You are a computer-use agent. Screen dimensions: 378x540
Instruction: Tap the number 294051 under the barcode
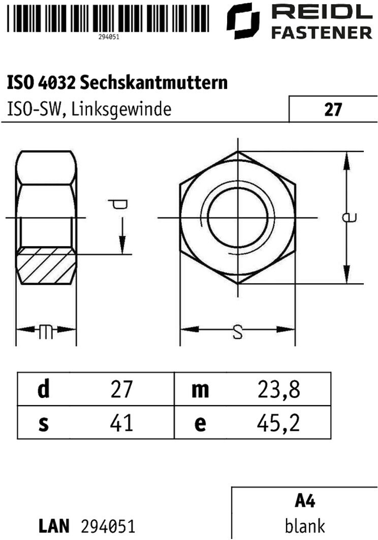[108, 37]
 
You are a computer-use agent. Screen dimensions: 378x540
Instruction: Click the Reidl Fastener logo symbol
[243, 21]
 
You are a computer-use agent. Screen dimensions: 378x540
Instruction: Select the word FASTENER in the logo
[322, 33]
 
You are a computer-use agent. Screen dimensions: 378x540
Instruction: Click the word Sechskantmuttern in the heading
[154, 83]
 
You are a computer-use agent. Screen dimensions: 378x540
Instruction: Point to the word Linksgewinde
[121, 110]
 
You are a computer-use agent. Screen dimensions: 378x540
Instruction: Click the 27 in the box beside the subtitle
[333, 110]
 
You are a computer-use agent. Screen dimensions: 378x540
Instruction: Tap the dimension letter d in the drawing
[118, 204]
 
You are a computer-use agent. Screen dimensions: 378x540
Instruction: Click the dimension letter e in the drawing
[349, 217]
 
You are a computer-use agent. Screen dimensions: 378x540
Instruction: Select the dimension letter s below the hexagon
[237, 332]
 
